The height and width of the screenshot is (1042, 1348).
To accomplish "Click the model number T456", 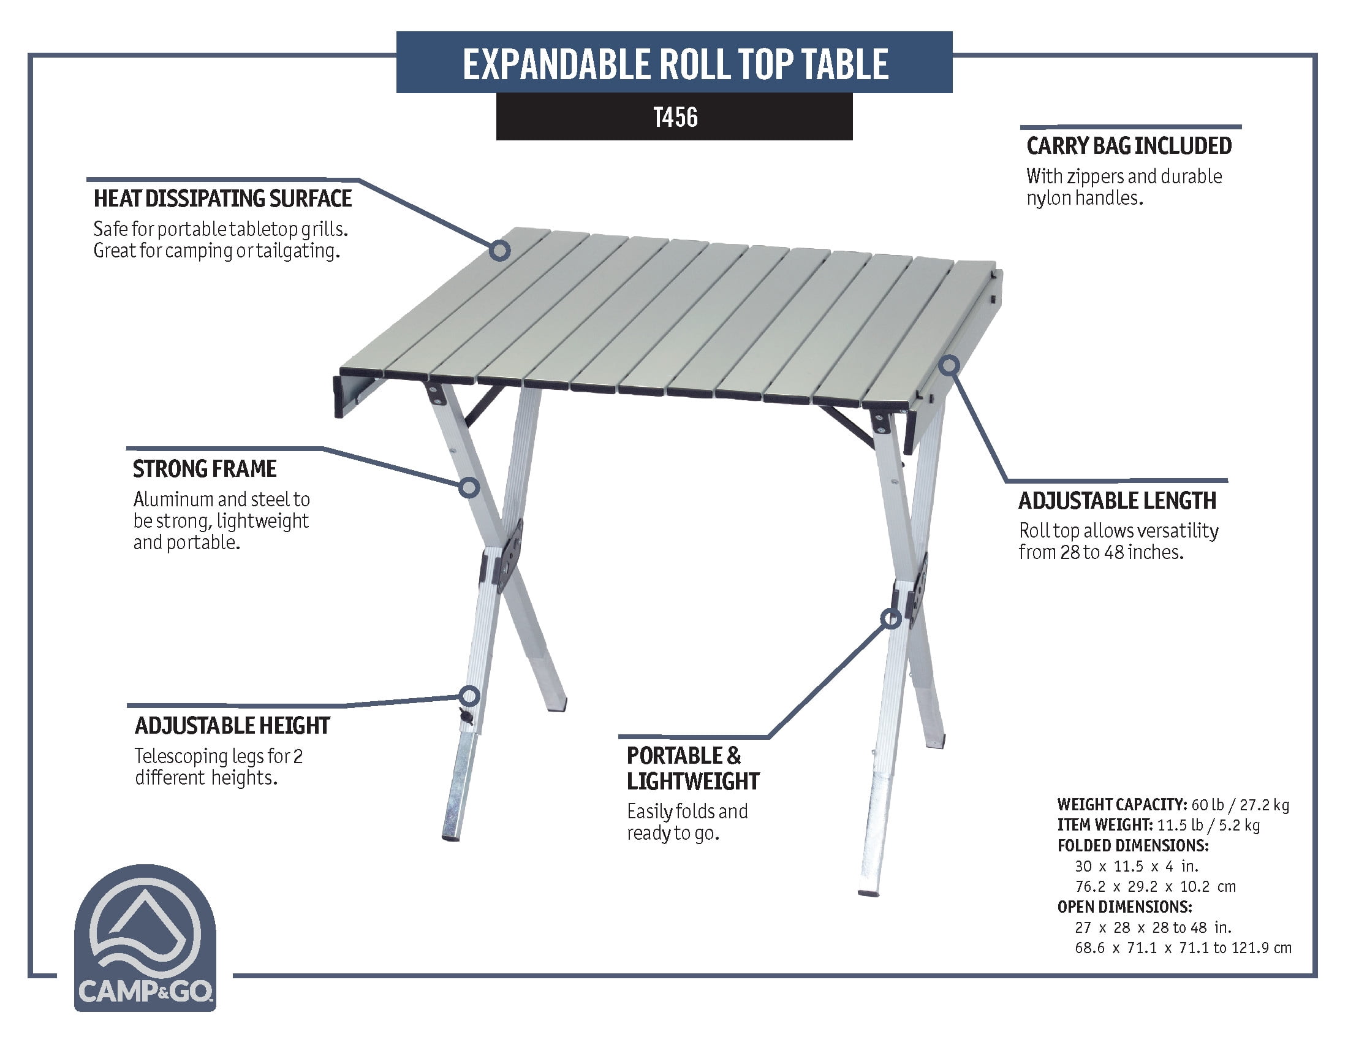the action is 675,117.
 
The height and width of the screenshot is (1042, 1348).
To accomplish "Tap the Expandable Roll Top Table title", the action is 675,64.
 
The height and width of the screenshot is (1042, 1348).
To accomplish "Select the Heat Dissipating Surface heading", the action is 222,199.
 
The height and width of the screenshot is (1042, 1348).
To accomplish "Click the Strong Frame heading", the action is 205,469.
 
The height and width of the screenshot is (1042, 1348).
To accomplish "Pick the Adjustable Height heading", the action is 232,726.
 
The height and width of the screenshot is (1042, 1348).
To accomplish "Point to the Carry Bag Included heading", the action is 1129,146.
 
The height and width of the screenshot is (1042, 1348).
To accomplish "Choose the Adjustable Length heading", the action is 1117,501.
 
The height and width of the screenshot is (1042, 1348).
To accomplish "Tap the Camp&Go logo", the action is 145,938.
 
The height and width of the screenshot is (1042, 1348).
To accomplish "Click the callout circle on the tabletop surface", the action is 500,250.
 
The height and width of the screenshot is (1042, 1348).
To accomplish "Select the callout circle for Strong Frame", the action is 470,488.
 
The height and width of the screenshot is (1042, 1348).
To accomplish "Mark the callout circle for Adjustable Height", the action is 470,696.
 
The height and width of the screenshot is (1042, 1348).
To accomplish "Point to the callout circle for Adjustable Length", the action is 950,365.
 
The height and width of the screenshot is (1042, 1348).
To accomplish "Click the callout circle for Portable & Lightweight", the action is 891,618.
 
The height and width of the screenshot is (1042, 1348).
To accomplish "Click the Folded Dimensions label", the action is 1132,846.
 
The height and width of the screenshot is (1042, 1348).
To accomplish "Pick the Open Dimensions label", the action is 1124,907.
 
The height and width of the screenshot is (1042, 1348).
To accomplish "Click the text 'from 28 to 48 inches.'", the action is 1101,552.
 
